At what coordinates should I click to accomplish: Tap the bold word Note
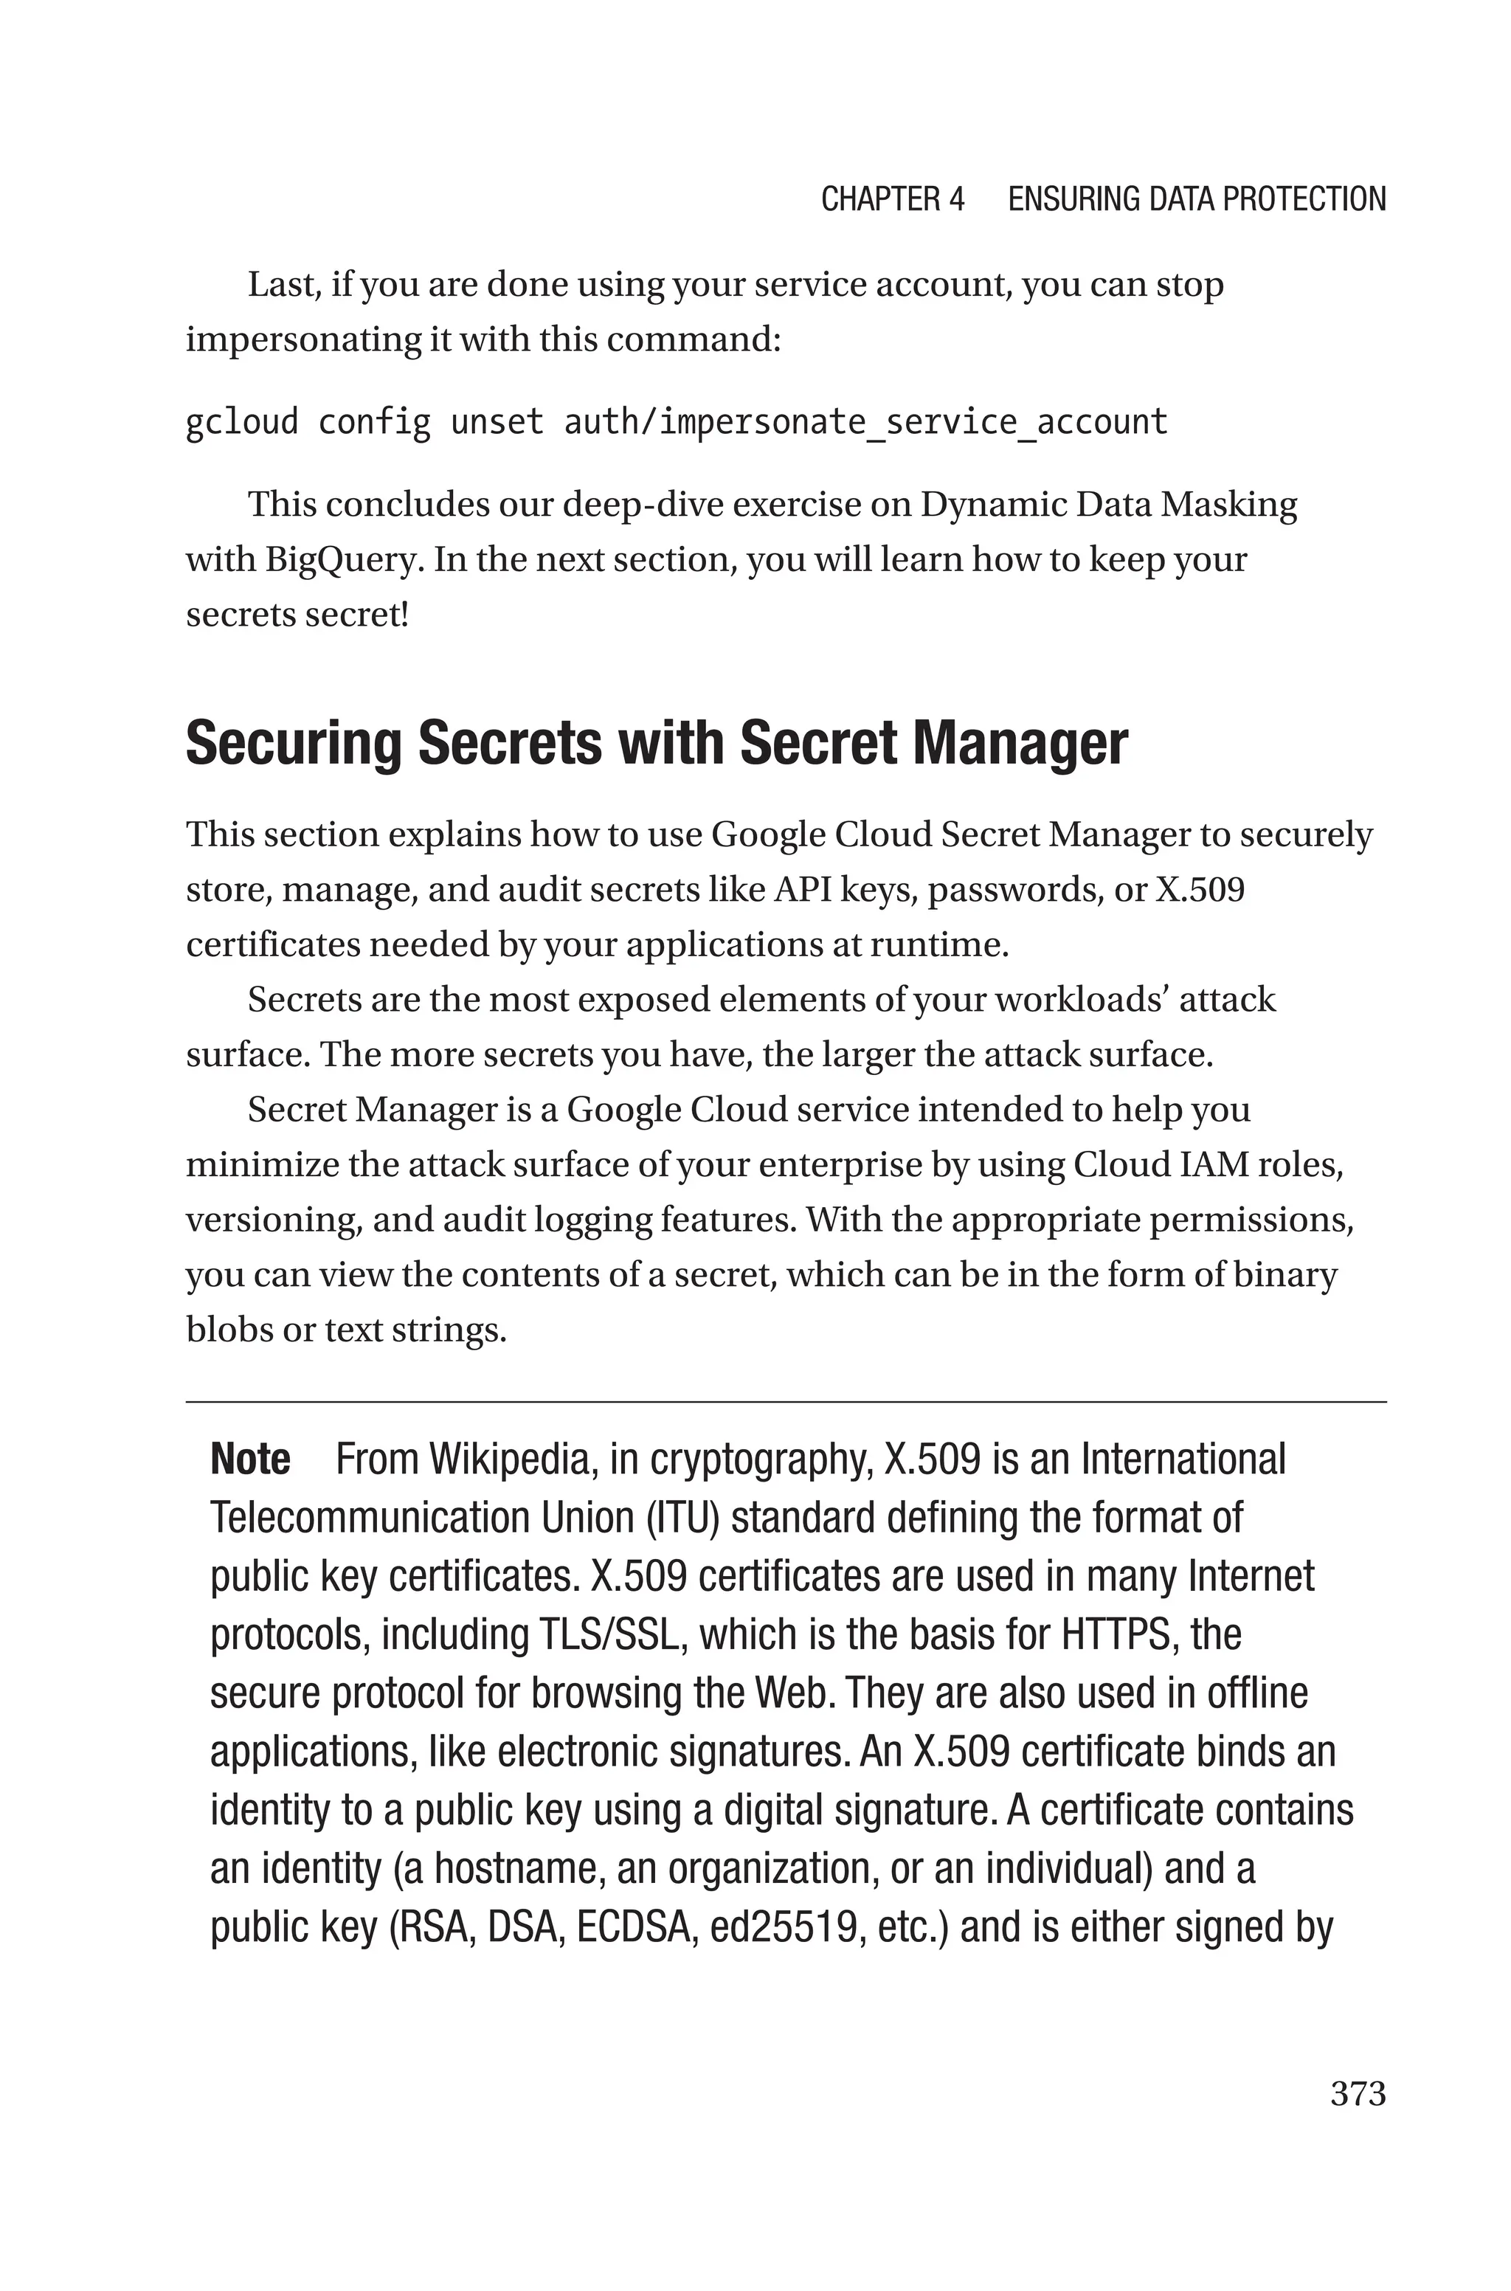coord(249,1459)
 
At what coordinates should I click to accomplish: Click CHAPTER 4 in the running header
coord(891,199)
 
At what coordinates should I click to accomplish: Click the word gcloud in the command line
coord(242,422)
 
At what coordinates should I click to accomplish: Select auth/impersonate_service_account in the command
coord(865,422)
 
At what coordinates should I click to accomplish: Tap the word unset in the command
coord(497,422)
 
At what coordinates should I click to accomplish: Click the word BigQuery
coord(344,560)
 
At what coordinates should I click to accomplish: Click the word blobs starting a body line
coord(224,1330)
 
